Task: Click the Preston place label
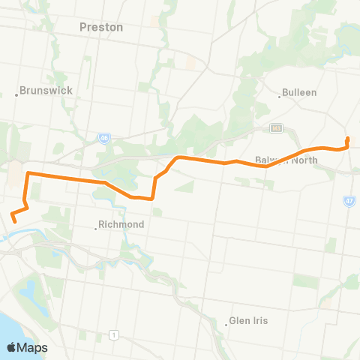point(100,27)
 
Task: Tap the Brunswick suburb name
point(46,90)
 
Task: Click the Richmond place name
point(121,224)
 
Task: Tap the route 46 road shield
point(103,138)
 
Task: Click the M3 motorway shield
point(276,127)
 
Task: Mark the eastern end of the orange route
point(348,138)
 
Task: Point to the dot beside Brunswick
point(16,94)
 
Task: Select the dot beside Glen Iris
point(226,324)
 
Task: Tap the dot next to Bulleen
point(280,95)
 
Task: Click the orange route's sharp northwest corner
point(28,174)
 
